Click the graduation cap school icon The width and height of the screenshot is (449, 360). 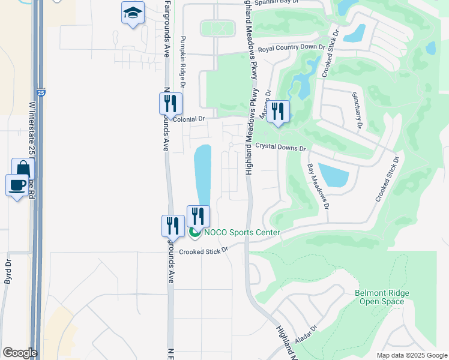click(133, 13)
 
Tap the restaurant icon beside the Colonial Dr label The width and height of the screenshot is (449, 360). click(170, 104)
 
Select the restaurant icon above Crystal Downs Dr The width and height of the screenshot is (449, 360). click(277, 112)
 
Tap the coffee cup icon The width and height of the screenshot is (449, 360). click(17, 185)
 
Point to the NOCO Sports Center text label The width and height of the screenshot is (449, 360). click(242, 232)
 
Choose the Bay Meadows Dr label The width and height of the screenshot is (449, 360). click(319, 186)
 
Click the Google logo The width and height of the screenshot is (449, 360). click(20, 353)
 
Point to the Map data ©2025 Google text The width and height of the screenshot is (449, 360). click(411, 355)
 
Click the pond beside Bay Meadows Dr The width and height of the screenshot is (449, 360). click(334, 175)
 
